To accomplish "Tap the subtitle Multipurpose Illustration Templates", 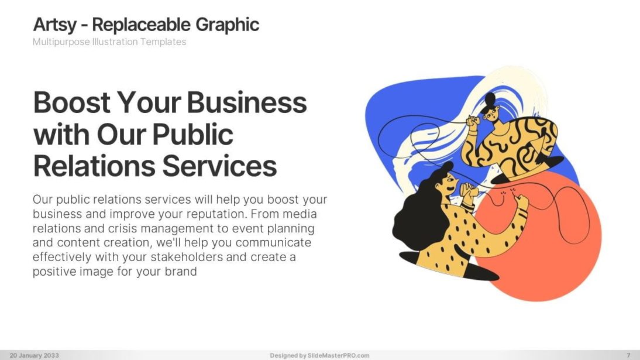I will click(x=109, y=42).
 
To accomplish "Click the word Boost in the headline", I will click(x=72, y=103).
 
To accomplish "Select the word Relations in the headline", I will click(x=94, y=166).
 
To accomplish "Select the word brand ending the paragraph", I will click(x=180, y=271).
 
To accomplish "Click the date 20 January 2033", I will click(x=34, y=355).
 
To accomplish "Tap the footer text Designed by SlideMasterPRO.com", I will click(x=319, y=355).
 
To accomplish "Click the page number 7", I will click(x=628, y=355).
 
